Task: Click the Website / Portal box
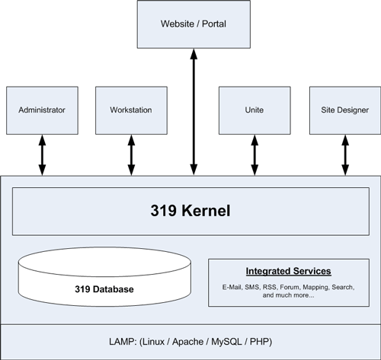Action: tap(194, 24)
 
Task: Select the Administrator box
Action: tap(42, 110)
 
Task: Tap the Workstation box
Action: tap(131, 110)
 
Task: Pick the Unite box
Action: tap(255, 110)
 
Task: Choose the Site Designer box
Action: tap(345, 110)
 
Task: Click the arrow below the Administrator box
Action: tap(42, 155)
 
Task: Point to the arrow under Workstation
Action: tap(131, 155)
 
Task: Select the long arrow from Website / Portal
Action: tap(194, 112)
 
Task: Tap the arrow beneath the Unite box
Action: tap(255, 155)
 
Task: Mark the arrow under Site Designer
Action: tap(345, 155)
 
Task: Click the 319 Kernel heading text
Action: tap(190, 210)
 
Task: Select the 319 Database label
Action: tap(104, 289)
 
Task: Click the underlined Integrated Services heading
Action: tap(288, 271)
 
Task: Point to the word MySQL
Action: tap(226, 342)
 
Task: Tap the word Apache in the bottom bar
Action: tap(187, 342)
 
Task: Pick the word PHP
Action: tap(259, 342)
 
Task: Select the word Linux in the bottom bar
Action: tap(153, 342)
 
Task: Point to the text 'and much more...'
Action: tap(288, 295)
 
